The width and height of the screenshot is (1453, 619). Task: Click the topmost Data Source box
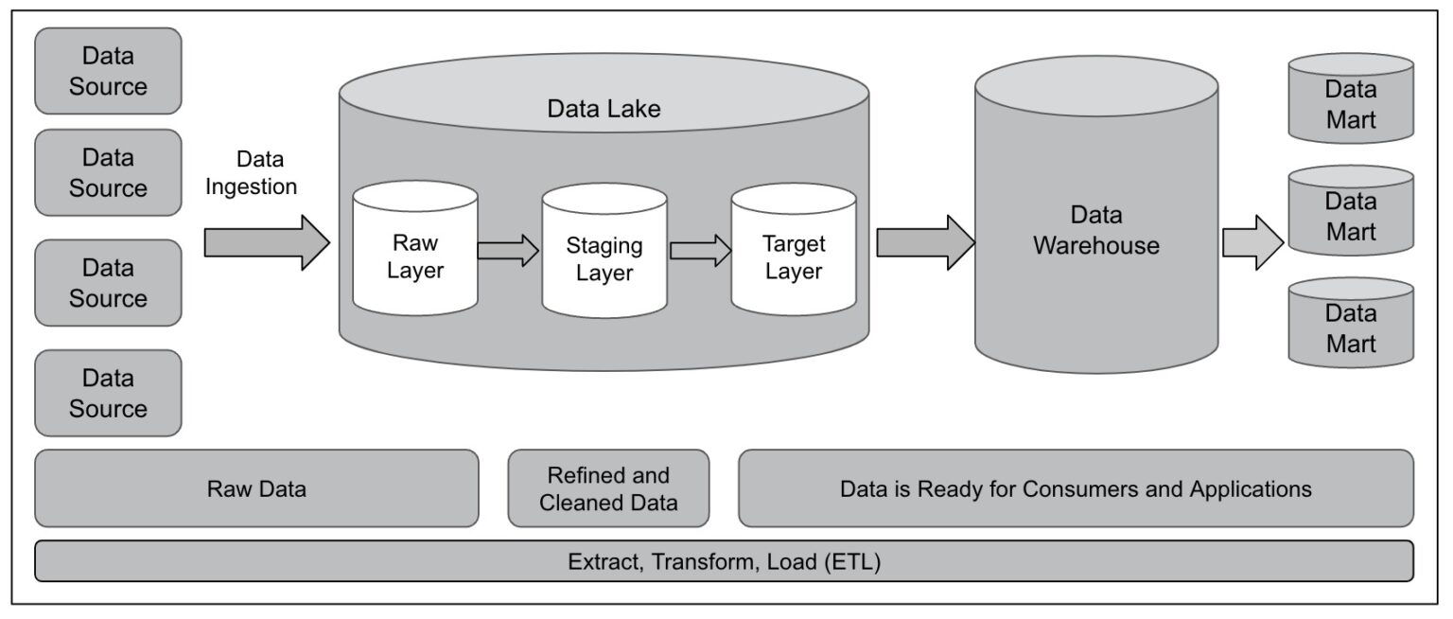click(108, 71)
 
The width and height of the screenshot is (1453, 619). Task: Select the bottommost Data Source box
click(108, 393)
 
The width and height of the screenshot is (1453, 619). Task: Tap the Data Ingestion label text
click(253, 173)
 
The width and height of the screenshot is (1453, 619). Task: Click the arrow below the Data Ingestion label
click(266, 243)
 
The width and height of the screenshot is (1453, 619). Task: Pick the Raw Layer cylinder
click(414, 254)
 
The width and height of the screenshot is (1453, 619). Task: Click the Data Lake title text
click(604, 109)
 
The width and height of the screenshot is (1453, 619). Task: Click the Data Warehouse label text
click(1095, 230)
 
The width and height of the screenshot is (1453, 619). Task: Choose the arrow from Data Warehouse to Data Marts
click(1252, 243)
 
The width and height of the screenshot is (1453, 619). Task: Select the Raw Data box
click(256, 489)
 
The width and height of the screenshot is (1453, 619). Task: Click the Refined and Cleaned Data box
click(608, 489)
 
